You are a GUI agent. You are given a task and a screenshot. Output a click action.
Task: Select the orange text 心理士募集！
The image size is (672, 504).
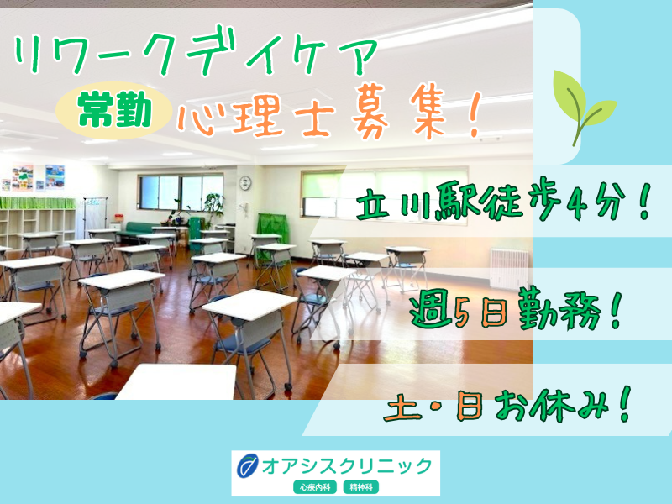pos(328,118)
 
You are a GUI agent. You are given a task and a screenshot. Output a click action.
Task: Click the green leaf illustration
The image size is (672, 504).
pos(582,106)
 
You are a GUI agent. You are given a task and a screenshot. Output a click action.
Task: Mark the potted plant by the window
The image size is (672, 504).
pos(212,206)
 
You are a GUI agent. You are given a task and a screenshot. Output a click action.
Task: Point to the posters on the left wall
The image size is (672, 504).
pos(38,176)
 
